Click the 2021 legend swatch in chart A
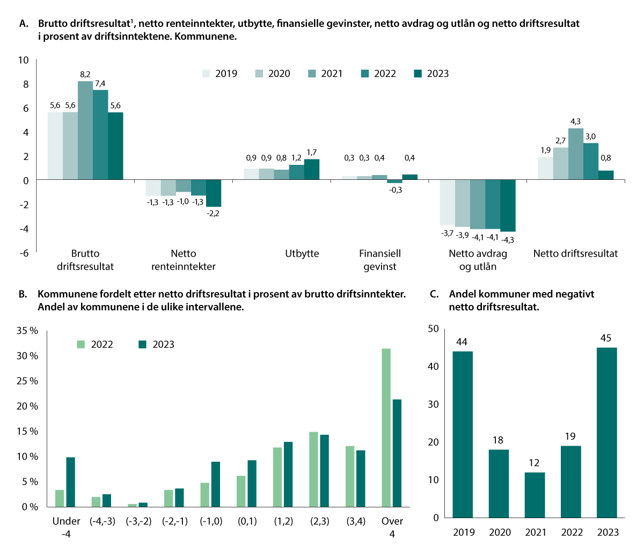[x=312, y=74]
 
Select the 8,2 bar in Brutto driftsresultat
[x=85, y=130]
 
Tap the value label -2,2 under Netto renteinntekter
[x=213, y=213]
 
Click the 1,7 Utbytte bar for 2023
[x=312, y=169]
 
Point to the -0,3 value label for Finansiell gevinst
[x=395, y=190]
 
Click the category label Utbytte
[x=302, y=253]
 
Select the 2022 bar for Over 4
[x=386, y=427]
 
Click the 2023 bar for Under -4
[x=70, y=482]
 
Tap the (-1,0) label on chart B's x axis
[x=211, y=521]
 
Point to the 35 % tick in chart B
[x=27, y=331]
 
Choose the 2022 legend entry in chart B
[x=96, y=345]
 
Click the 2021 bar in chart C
[x=535, y=494]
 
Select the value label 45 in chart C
[x=606, y=338]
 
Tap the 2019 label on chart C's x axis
[x=464, y=532]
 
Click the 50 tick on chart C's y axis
[x=433, y=329]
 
